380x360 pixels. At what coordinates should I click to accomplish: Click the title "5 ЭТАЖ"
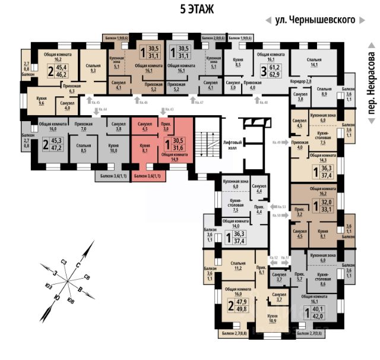[x=196, y=10]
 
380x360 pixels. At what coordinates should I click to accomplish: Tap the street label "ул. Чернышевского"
[x=315, y=20]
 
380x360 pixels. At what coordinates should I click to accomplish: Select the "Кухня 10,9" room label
[x=273, y=318]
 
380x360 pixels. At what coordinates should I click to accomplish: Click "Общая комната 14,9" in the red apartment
[x=173, y=157]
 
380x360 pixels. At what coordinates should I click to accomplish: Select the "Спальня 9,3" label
[x=93, y=68]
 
